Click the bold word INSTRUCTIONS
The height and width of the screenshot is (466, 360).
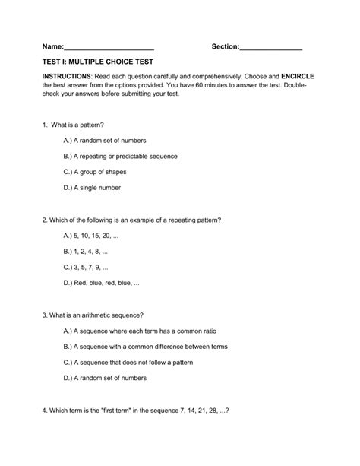tap(67, 77)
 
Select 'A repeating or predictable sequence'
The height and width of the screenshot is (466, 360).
tap(121, 156)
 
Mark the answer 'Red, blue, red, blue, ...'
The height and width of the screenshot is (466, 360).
tap(103, 283)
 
